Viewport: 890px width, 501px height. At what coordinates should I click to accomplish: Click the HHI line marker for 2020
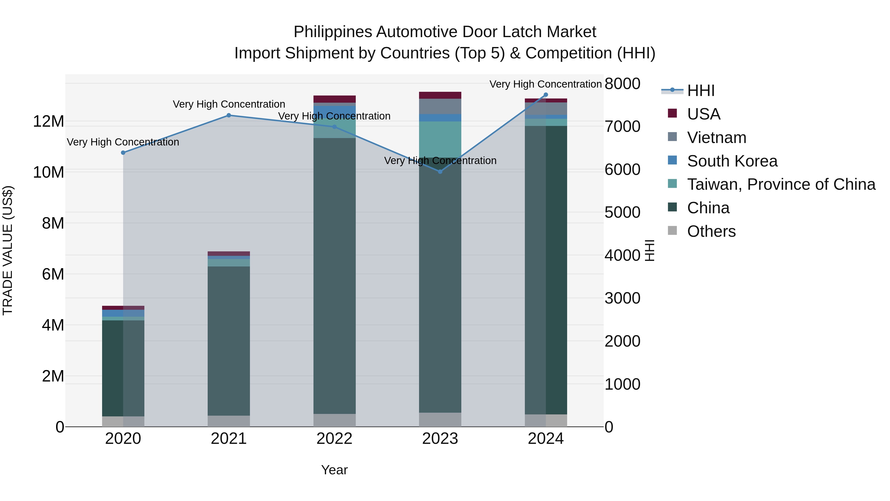click(123, 152)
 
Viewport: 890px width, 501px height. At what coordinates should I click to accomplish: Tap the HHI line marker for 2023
click(440, 171)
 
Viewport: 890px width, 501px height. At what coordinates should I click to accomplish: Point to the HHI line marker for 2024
click(546, 95)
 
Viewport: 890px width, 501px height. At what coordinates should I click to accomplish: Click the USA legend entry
click(703, 114)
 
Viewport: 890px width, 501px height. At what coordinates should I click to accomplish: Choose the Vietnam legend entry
click(716, 138)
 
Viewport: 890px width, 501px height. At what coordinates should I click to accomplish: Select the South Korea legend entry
click(732, 161)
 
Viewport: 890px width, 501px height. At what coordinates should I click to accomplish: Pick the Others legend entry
click(711, 231)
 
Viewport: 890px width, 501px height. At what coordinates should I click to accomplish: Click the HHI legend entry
click(701, 91)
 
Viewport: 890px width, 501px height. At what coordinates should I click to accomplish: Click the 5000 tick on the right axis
click(623, 212)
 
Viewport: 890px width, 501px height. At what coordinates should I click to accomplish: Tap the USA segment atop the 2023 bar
click(440, 95)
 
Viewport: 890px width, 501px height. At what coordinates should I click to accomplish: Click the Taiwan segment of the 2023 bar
click(440, 139)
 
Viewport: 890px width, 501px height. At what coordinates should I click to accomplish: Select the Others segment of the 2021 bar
click(229, 421)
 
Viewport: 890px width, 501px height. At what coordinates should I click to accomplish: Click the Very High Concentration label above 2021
click(229, 104)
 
